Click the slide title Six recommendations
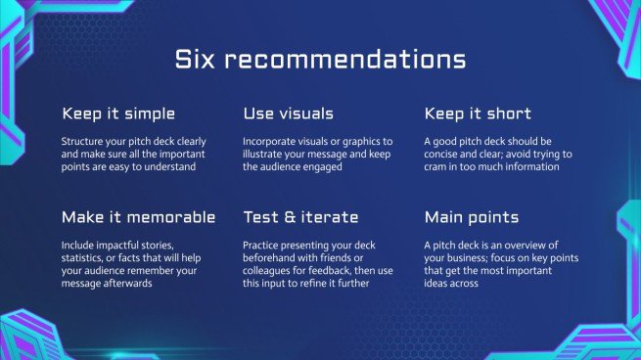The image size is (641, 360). click(x=320, y=60)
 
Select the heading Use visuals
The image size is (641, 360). click(x=288, y=113)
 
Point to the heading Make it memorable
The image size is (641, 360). click(x=138, y=216)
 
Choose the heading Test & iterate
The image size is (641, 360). click(x=300, y=216)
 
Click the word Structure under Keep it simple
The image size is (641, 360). click(x=83, y=141)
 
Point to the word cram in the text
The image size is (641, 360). click(x=440, y=166)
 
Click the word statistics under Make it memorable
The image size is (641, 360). click(x=85, y=257)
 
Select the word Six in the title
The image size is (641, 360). click(x=194, y=60)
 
